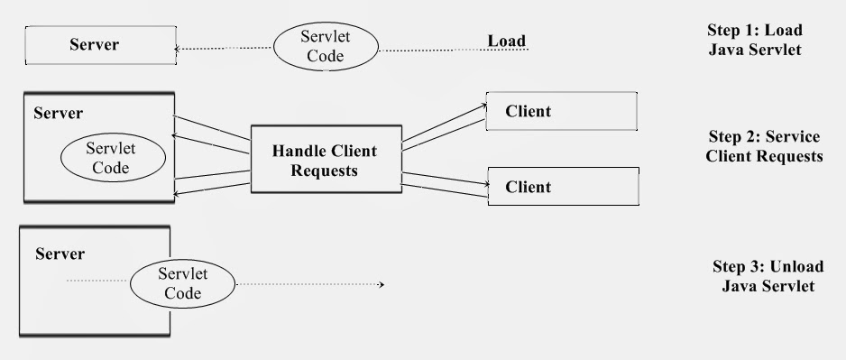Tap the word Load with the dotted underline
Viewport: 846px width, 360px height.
pyautogui.click(x=506, y=41)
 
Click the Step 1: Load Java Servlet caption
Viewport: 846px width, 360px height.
pyautogui.click(x=754, y=40)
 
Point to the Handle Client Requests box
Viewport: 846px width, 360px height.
pyautogui.click(x=325, y=160)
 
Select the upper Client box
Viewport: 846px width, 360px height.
pyautogui.click(x=561, y=112)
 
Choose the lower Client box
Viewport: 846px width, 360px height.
pyautogui.click(x=561, y=187)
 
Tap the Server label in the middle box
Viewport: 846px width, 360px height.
pyautogui.click(x=58, y=114)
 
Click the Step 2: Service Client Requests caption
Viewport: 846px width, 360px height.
pyautogui.click(x=765, y=146)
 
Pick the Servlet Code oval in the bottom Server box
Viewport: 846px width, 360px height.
pyautogui.click(x=176, y=284)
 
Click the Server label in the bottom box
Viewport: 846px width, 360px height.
pyautogui.click(x=60, y=254)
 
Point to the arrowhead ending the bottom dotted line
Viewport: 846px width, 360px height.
pyautogui.click(x=382, y=285)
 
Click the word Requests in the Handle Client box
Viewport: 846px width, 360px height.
pyautogui.click(x=324, y=170)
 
